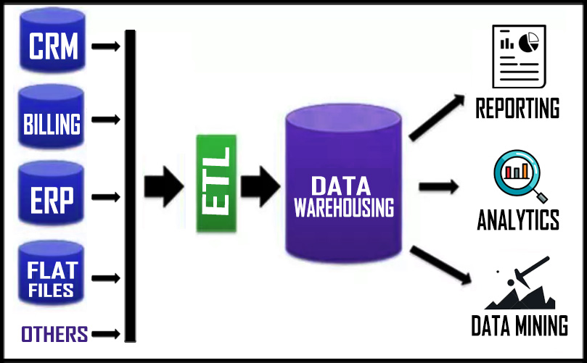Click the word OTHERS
tap(54, 334)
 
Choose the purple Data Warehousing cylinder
tap(343, 188)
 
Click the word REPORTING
tap(517, 109)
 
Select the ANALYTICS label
tap(517, 219)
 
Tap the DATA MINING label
tap(520, 326)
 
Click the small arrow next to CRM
tap(107, 46)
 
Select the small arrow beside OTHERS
tap(107, 334)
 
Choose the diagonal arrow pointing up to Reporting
tap(435, 117)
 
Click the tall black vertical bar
tap(131, 185)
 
